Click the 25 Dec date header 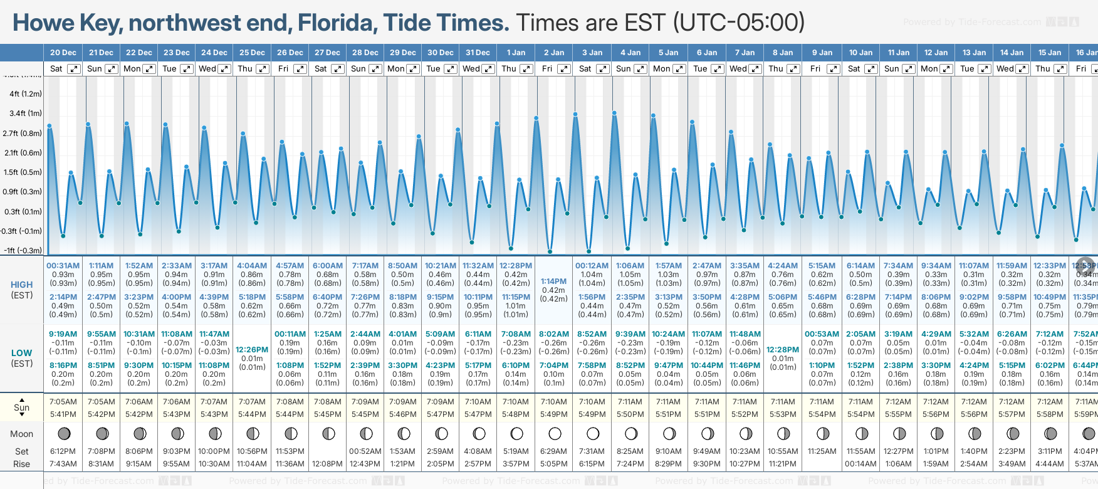pyautogui.click(x=252, y=53)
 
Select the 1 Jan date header pyautogui.click(x=516, y=53)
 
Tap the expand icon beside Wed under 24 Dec pyautogui.click(x=224, y=69)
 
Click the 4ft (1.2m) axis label pyautogui.click(x=26, y=94)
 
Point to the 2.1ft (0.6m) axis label pyautogui.click(x=23, y=152)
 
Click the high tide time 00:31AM pyautogui.click(x=63, y=266)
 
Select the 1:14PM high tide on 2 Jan pyautogui.click(x=553, y=281)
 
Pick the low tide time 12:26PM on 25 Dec pyautogui.click(x=252, y=349)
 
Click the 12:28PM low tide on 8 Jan pyautogui.click(x=783, y=349)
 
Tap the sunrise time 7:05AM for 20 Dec pyautogui.click(x=63, y=402)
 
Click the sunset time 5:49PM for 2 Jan pyautogui.click(x=553, y=414)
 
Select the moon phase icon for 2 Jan pyautogui.click(x=555, y=433)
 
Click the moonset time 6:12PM pyautogui.click(x=63, y=451)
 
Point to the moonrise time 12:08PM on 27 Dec pyautogui.click(x=327, y=464)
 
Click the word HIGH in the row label pyautogui.click(x=22, y=285)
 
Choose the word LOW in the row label pyautogui.click(x=22, y=353)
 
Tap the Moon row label pyautogui.click(x=22, y=434)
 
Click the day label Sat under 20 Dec pyautogui.click(x=56, y=69)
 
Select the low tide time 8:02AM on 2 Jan pyautogui.click(x=553, y=334)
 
